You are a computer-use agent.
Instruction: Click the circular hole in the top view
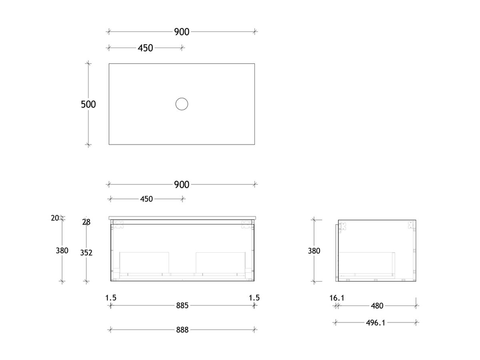[x=182, y=104]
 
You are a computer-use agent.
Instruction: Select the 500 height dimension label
[x=88, y=104]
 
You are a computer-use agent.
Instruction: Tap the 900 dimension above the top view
[x=182, y=32]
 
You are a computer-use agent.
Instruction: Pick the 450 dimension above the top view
[x=145, y=48]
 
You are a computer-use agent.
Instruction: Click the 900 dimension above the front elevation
[x=182, y=184]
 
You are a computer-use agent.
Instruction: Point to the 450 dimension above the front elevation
[x=146, y=199]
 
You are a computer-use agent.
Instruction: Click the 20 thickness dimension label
[x=55, y=218]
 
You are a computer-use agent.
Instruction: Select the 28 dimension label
[x=86, y=222]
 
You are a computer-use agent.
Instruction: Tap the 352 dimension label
[x=86, y=252]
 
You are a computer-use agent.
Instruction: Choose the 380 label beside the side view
[x=314, y=251]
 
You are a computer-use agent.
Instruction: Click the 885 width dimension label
[x=182, y=306]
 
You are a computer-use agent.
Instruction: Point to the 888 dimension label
[x=182, y=330]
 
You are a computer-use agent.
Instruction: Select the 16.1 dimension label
[x=337, y=298]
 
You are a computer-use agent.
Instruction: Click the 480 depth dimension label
[x=377, y=306]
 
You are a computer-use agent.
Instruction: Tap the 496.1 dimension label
[x=375, y=322]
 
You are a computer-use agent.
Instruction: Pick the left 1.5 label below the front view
[x=111, y=298]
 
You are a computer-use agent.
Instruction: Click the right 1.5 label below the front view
[x=254, y=298]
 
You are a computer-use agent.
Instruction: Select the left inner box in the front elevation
[x=144, y=262]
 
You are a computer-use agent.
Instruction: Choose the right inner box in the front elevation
[x=220, y=262]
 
